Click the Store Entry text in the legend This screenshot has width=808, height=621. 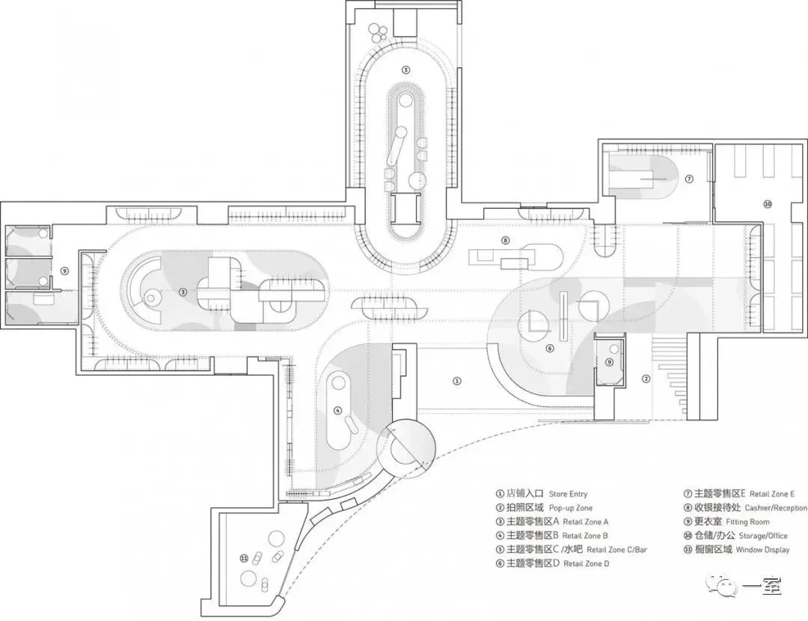click(568, 494)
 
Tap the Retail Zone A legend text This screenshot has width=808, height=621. click(586, 521)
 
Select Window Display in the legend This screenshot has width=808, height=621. click(761, 550)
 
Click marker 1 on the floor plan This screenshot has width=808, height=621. click(457, 381)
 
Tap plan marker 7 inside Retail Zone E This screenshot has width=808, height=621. click(689, 179)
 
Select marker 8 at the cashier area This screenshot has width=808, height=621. click(506, 240)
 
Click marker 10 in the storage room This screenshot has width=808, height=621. click(767, 204)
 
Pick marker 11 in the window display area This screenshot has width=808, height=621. click(244, 557)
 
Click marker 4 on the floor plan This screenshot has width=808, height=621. click(337, 410)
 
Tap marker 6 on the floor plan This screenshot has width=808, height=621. click(549, 348)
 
